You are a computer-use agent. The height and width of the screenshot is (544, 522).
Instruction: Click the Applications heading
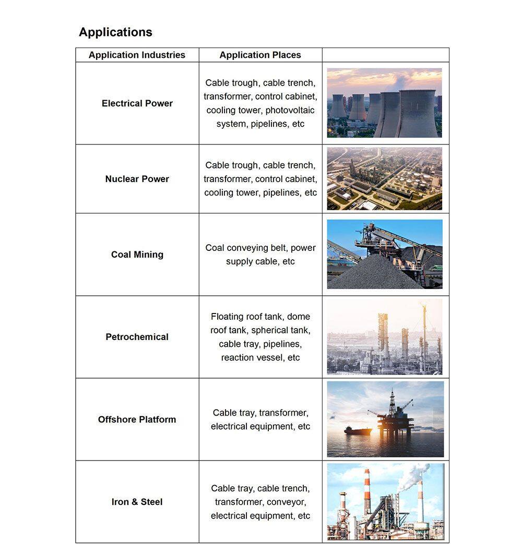(115, 32)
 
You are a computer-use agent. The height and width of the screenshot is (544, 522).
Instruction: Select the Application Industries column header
(137, 55)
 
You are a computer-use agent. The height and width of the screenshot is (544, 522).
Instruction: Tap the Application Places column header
(260, 55)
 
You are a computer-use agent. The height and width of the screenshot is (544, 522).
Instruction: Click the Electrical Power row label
(137, 103)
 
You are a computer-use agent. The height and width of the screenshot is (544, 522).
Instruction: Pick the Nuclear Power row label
(137, 179)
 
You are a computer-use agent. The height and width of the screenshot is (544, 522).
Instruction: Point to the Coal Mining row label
(137, 255)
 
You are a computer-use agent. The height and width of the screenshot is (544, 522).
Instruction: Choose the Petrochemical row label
(137, 337)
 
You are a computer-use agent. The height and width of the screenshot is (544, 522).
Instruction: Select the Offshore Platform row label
(137, 419)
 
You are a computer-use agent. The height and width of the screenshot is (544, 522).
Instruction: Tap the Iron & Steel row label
(137, 502)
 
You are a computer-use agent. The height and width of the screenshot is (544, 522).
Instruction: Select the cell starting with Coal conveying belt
(260, 255)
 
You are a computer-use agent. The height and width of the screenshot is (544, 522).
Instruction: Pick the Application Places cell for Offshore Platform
(260, 419)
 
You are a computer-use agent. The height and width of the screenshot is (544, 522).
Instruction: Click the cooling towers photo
(384, 103)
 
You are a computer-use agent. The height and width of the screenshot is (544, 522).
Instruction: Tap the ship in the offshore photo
(358, 431)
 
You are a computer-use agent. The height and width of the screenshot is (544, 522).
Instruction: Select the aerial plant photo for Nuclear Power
(384, 178)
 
